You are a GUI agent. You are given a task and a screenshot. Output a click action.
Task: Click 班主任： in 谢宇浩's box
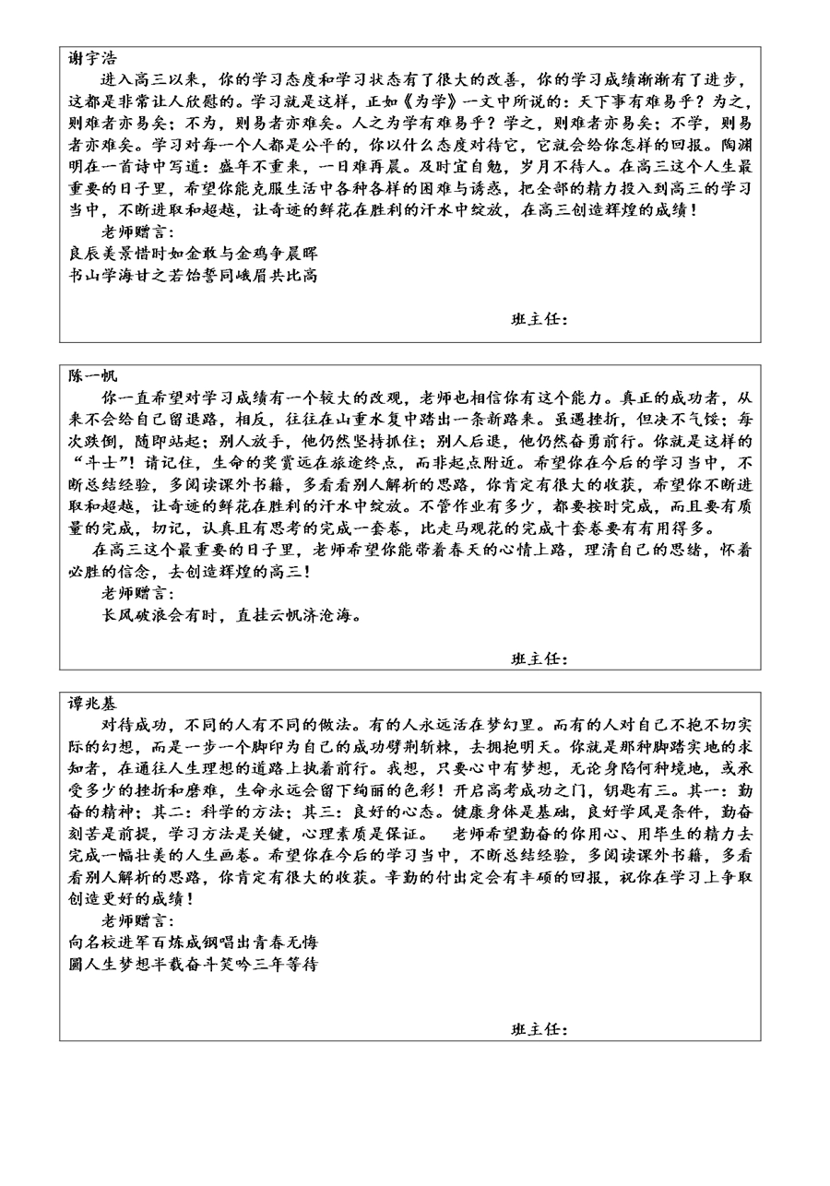tap(539, 320)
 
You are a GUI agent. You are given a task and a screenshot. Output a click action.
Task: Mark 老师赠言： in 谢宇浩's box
tap(137, 231)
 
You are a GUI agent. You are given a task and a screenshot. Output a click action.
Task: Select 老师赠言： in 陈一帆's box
tap(137, 593)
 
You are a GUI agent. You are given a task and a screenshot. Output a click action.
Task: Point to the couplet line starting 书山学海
tap(193, 275)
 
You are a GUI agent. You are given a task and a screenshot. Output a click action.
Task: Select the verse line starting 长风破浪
tap(231, 615)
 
